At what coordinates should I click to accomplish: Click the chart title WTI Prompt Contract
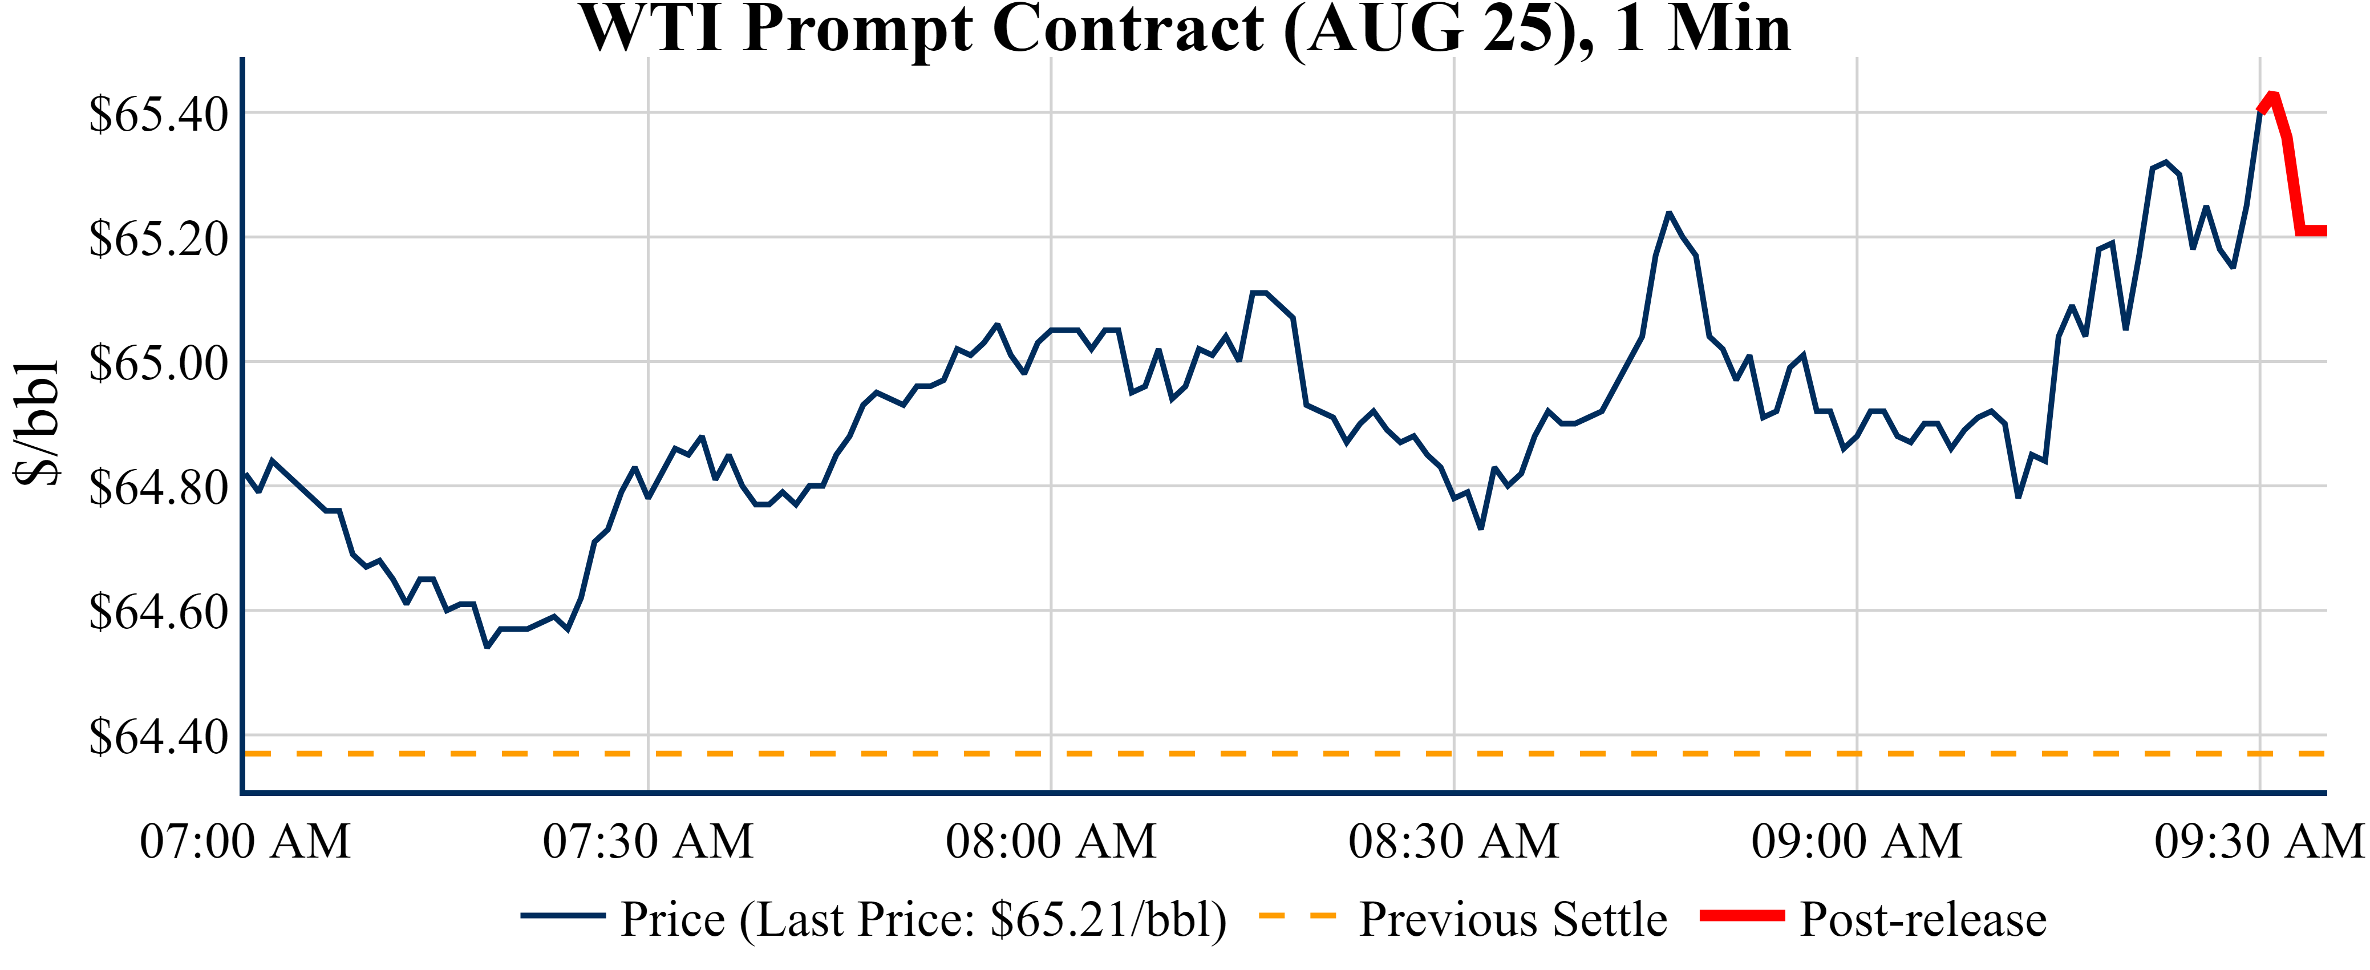(x=1185, y=30)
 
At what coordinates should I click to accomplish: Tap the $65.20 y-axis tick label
(x=158, y=239)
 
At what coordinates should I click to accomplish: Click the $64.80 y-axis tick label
(x=158, y=488)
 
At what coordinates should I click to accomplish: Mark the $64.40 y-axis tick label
(x=158, y=736)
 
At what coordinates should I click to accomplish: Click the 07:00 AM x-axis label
(x=245, y=841)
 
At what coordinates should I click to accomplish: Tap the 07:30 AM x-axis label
(x=648, y=841)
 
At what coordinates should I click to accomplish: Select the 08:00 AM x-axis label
(x=1051, y=841)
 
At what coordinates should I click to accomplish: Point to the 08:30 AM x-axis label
(x=1453, y=841)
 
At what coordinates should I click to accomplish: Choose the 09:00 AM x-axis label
(x=1857, y=841)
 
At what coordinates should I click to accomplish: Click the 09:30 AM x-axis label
(x=2259, y=841)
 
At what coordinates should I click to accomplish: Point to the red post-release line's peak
(x=2272, y=95)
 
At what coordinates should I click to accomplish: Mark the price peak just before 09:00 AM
(x=1669, y=213)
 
